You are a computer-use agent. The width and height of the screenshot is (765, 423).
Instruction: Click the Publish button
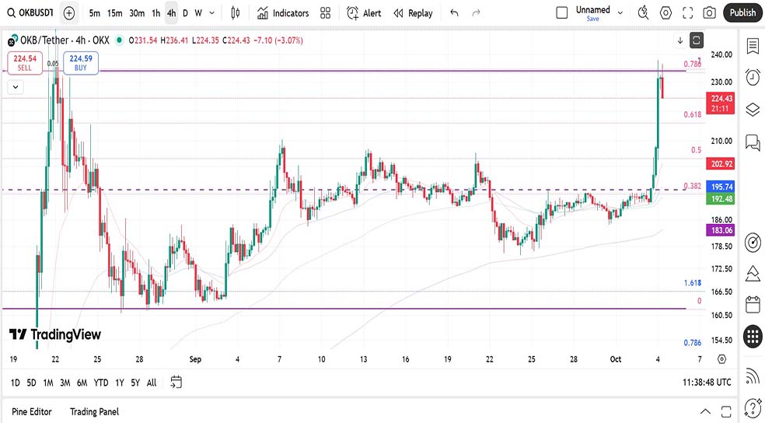tap(742, 12)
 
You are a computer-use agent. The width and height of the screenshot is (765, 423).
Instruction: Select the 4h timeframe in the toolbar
tap(171, 13)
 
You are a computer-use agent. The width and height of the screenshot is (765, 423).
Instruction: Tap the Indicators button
tap(284, 13)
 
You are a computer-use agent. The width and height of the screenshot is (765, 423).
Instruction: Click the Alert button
tap(364, 13)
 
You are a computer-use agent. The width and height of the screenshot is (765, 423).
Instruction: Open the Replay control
tap(413, 13)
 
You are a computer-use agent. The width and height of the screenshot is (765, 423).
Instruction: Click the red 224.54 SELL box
tap(25, 63)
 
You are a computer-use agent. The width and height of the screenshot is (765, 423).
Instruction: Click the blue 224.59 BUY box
tap(81, 63)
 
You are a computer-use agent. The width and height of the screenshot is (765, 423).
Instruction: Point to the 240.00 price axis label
tap(721, 54)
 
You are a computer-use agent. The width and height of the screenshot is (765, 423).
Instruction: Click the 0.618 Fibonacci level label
tap(693, 115)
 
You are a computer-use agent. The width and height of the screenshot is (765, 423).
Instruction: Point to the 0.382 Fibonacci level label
tap(693, 187)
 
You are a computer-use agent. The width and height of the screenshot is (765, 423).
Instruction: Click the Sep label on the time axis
tap(195, 359)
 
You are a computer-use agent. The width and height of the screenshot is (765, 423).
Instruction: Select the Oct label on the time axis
tap(616, 359)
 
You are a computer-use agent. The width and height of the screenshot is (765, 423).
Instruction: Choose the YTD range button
tap(101, 383)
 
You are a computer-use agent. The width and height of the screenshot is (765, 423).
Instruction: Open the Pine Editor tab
tap(32, 411)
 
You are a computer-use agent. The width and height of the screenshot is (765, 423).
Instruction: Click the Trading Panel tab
tap(94, 411)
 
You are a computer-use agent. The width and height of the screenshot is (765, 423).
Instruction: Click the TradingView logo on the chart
tap(55, 334)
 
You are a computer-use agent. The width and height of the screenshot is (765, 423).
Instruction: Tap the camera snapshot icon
tap(709, 13)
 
